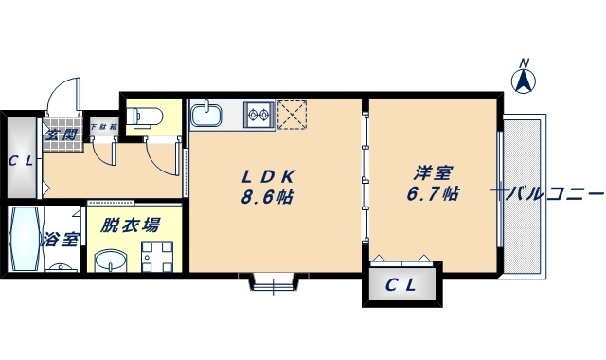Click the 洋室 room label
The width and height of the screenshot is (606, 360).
pyautogui.click(x=433, y=174)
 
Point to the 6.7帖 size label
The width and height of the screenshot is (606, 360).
pyautogui.click(x=433, y=194)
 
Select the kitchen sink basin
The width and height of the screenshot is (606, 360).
pyautogui.click(x=206, y=117)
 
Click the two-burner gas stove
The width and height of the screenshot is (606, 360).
pyautogui.click(x=258, y=117)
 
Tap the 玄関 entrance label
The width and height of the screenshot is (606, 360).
pyautogui.click(x=63, y=135)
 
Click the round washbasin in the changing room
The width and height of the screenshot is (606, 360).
pyautogui.click(x=113, y=260)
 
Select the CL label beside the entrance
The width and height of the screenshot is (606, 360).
pyautogui.click(x=22, y=160)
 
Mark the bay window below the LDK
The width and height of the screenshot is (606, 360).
pyautogui.click(x=274, y=281)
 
